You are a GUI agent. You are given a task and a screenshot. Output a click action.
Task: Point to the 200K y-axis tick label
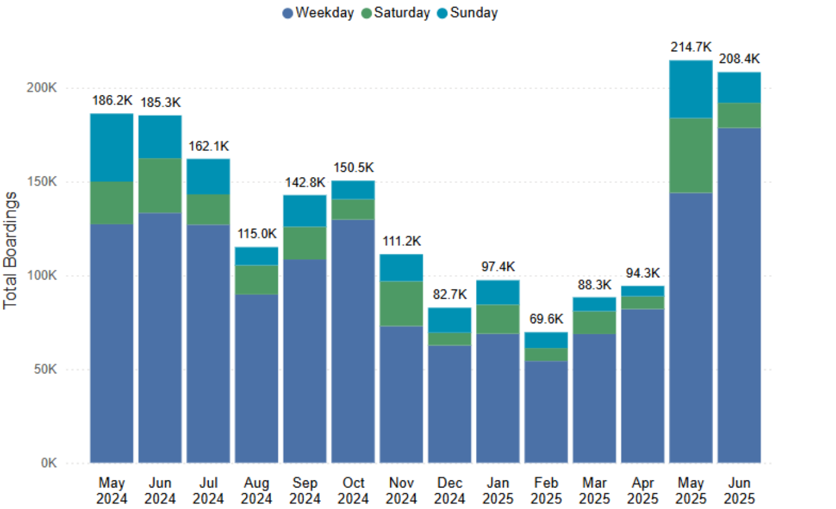[42, 88]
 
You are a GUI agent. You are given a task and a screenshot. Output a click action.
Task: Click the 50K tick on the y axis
[45, 369]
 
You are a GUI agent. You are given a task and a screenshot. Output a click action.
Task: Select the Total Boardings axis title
[10, 250]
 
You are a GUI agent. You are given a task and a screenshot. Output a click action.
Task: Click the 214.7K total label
[691, 47]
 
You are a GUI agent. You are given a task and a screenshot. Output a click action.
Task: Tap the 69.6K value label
[546, 319]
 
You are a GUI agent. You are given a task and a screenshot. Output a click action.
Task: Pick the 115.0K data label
[256, 234]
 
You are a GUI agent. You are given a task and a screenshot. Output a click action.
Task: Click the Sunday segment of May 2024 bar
[111, 148]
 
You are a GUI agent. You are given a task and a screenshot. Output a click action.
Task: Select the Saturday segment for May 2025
[691, 155]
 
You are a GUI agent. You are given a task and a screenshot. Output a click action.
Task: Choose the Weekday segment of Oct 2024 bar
[353, 341]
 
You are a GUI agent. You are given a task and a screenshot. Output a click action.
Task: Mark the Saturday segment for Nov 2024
[401, 303]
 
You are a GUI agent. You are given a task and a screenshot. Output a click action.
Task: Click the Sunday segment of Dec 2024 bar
[450, 320]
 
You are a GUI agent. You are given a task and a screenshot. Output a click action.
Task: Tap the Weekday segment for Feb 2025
[546, 412]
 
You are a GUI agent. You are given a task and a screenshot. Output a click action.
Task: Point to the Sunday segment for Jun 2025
[739, 88]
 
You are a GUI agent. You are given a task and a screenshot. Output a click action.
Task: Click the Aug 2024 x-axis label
[256, 490]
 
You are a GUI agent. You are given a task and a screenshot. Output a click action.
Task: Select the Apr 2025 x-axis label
[643, 490]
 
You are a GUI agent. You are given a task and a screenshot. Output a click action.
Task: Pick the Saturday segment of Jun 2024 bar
[160, 186]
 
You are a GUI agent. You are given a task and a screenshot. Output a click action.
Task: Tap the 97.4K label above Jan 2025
[498, 267]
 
